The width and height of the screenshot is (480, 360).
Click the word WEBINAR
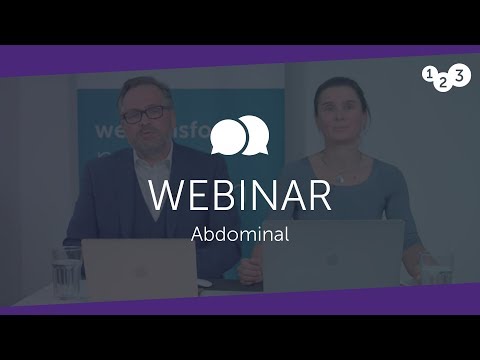pos(239,196)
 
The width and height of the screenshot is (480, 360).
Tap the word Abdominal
pos(239,236)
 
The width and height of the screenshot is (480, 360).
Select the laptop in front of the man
pos(140,267)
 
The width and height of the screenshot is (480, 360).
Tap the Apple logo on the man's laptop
pos(140,268)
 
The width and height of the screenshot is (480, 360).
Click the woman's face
pos(337,112)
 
